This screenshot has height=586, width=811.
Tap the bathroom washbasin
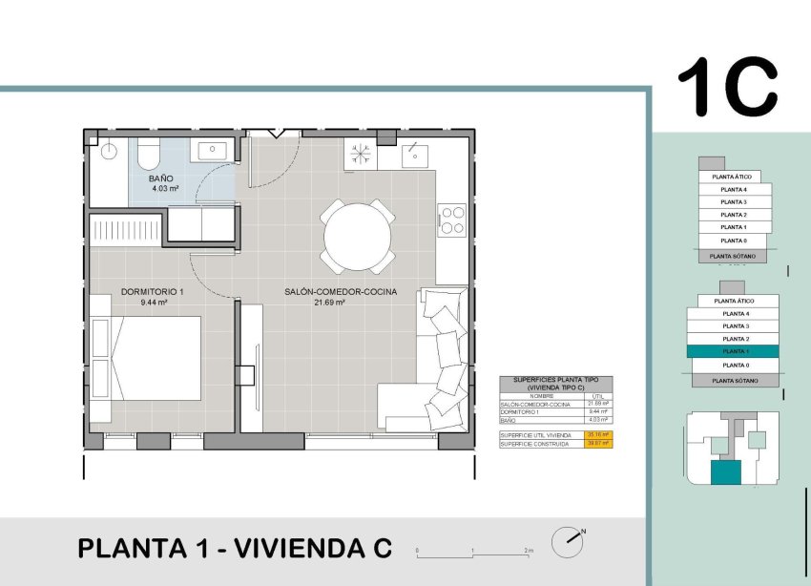(211, 150)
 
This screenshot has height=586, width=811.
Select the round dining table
(357, 236)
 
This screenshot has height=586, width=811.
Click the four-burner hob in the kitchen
(451, 219)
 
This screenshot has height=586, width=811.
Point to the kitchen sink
(416, 153)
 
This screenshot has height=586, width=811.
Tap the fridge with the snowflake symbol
(361, 155)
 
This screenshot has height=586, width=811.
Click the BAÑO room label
(160, 178)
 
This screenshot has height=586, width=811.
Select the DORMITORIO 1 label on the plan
(153, 292)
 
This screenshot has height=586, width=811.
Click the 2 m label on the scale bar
(529, 551)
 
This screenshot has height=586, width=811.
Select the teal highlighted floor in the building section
(733, 351)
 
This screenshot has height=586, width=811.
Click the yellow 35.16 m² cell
(598, 434)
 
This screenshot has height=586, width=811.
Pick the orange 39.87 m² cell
(598, 443)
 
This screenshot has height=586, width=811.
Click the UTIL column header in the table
(598, 396)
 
